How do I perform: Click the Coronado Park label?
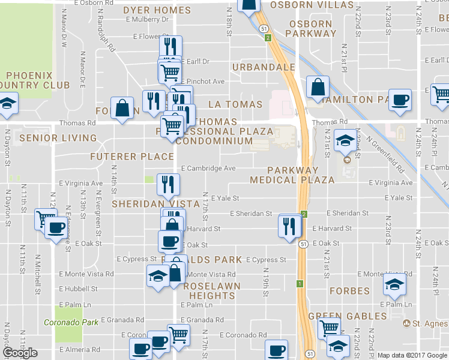[71, 322]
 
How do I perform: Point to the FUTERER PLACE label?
[131, 157]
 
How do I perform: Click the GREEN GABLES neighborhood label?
[348, 316]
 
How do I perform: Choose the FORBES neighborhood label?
[349, 291]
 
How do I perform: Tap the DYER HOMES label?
[157, 10]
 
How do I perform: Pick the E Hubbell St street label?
[78, 289]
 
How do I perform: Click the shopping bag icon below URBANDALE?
[316, 87]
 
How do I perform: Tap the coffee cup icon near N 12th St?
[56, 227]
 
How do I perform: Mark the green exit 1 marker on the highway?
[298, 283]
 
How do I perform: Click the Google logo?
[20, 353]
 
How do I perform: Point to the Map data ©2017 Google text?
[412, 355]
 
